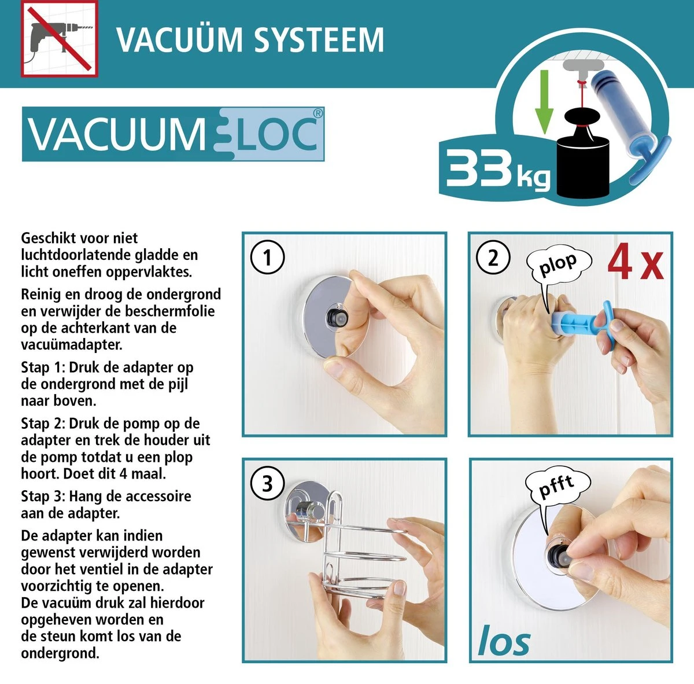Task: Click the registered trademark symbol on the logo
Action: coord(318,113)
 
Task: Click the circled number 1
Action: coord(267,257)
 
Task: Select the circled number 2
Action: coord(493,257)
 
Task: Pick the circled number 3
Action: coord(267,483)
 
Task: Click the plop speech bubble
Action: coord(558,265)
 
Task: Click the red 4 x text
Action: coord(634,262)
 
